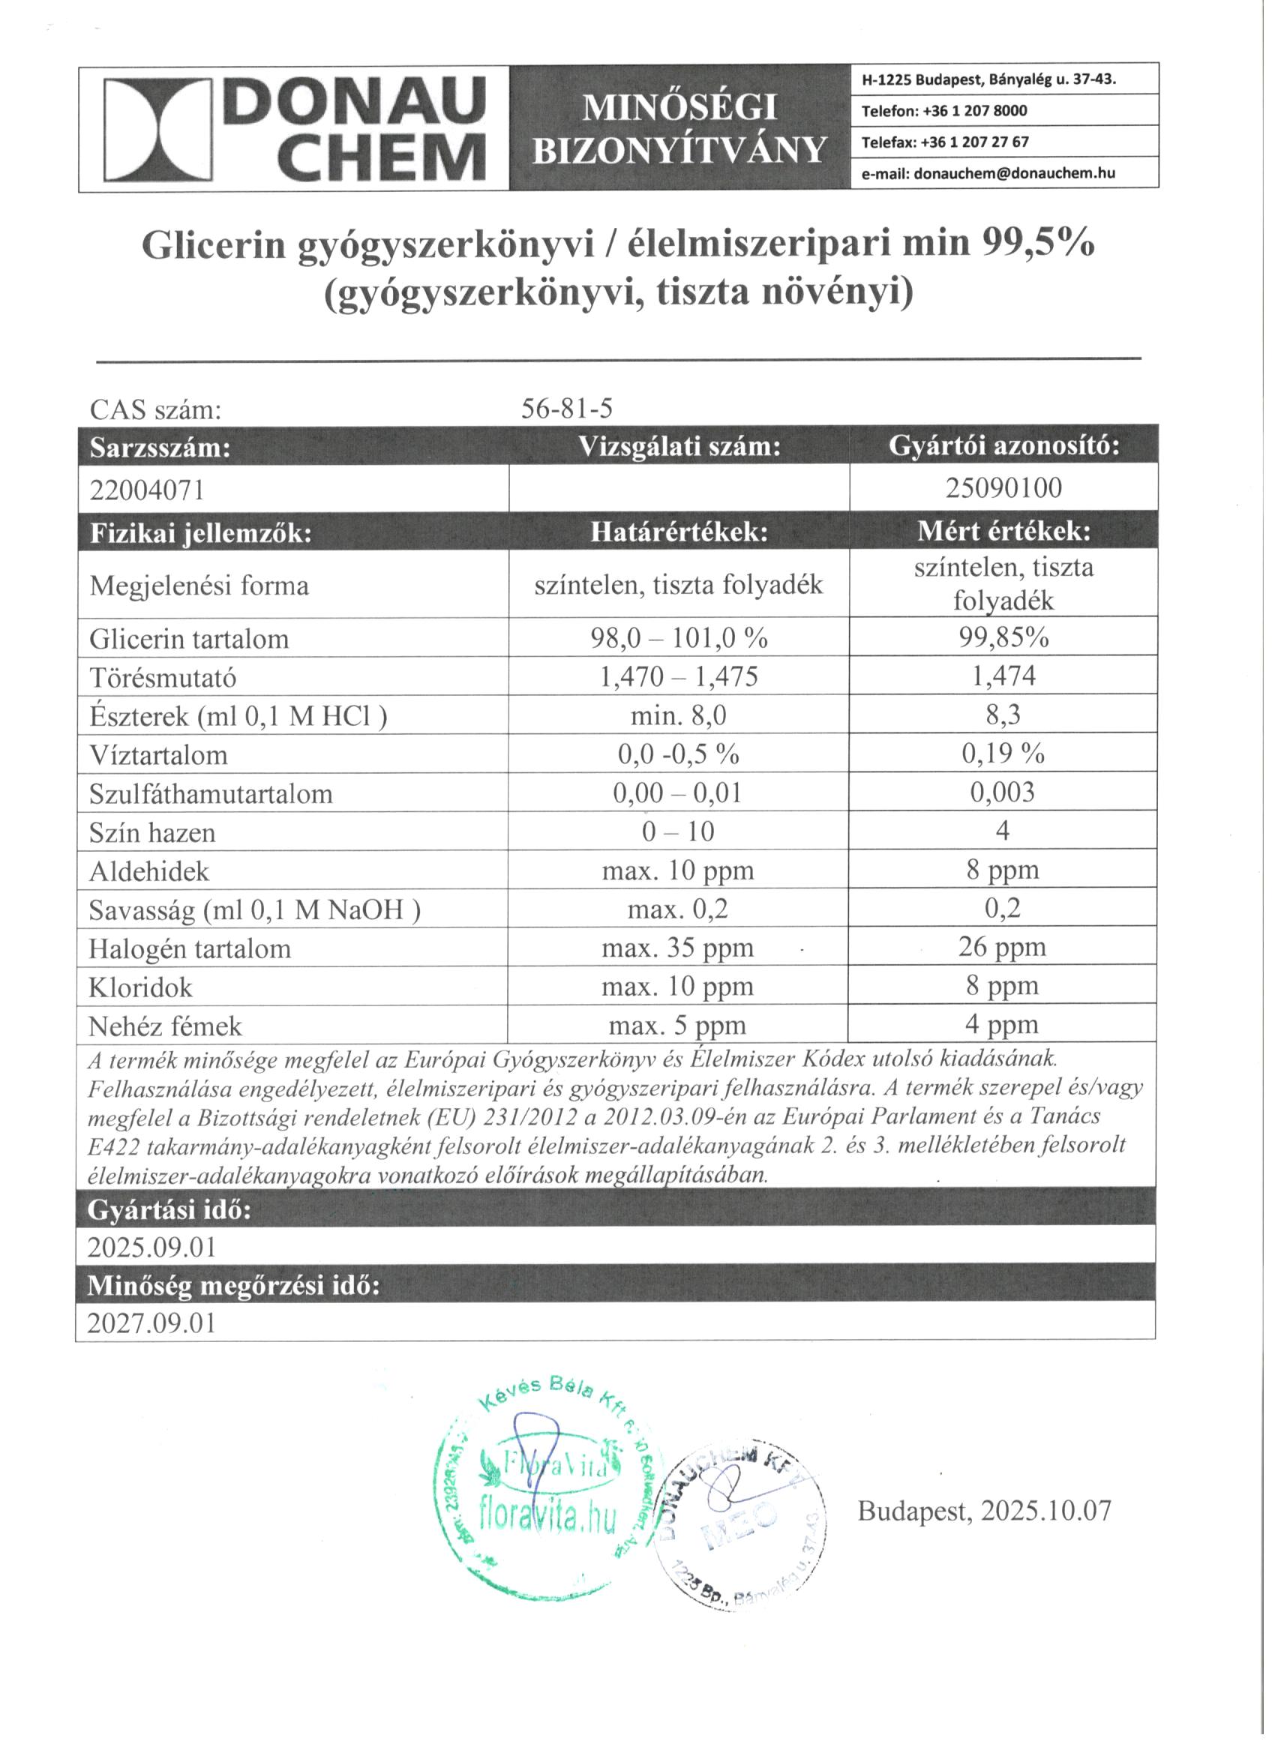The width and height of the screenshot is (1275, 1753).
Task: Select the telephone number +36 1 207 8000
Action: [x=974, y=110]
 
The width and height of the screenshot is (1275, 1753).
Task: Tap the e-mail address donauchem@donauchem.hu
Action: [x=1015, y=173]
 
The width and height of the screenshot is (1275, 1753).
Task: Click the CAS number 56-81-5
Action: [x=567, y=409]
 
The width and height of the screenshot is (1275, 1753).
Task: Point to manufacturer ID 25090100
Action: [x=1003, y=487]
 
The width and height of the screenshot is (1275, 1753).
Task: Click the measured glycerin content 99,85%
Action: [x=1003, y=637]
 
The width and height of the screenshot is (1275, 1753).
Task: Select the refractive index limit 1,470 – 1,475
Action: [x=678, y=677]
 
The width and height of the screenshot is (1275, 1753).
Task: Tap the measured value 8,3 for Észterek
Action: [x=1003, y=715]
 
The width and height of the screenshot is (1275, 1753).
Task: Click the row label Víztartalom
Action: [x=158, y=755]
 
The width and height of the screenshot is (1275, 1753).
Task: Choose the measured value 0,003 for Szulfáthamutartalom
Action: [x=1003, y=793]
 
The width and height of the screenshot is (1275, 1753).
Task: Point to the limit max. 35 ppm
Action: [x=677, y=948]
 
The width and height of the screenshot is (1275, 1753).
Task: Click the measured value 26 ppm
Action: [x=1002, y=947]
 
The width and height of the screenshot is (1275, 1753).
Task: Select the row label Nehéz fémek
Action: [x=165, y=1026]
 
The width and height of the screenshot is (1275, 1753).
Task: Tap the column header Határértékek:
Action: [x=679, y=532]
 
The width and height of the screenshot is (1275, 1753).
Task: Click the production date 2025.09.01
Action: [x=151, y=1247]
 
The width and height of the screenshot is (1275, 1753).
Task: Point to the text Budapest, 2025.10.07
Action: [x=984, y=1510]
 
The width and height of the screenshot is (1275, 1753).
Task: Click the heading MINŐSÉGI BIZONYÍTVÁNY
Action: [x=679, y=128]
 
